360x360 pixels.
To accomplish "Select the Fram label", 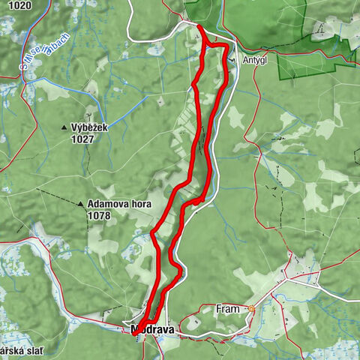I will coord(227,308).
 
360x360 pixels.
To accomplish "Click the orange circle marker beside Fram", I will coord(252,308).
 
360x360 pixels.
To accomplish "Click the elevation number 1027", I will coord(82,139).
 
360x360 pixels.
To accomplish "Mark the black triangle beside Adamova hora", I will coord(80,203).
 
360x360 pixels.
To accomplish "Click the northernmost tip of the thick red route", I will coord(199,27).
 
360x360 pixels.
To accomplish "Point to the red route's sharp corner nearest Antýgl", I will coord(225,46).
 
